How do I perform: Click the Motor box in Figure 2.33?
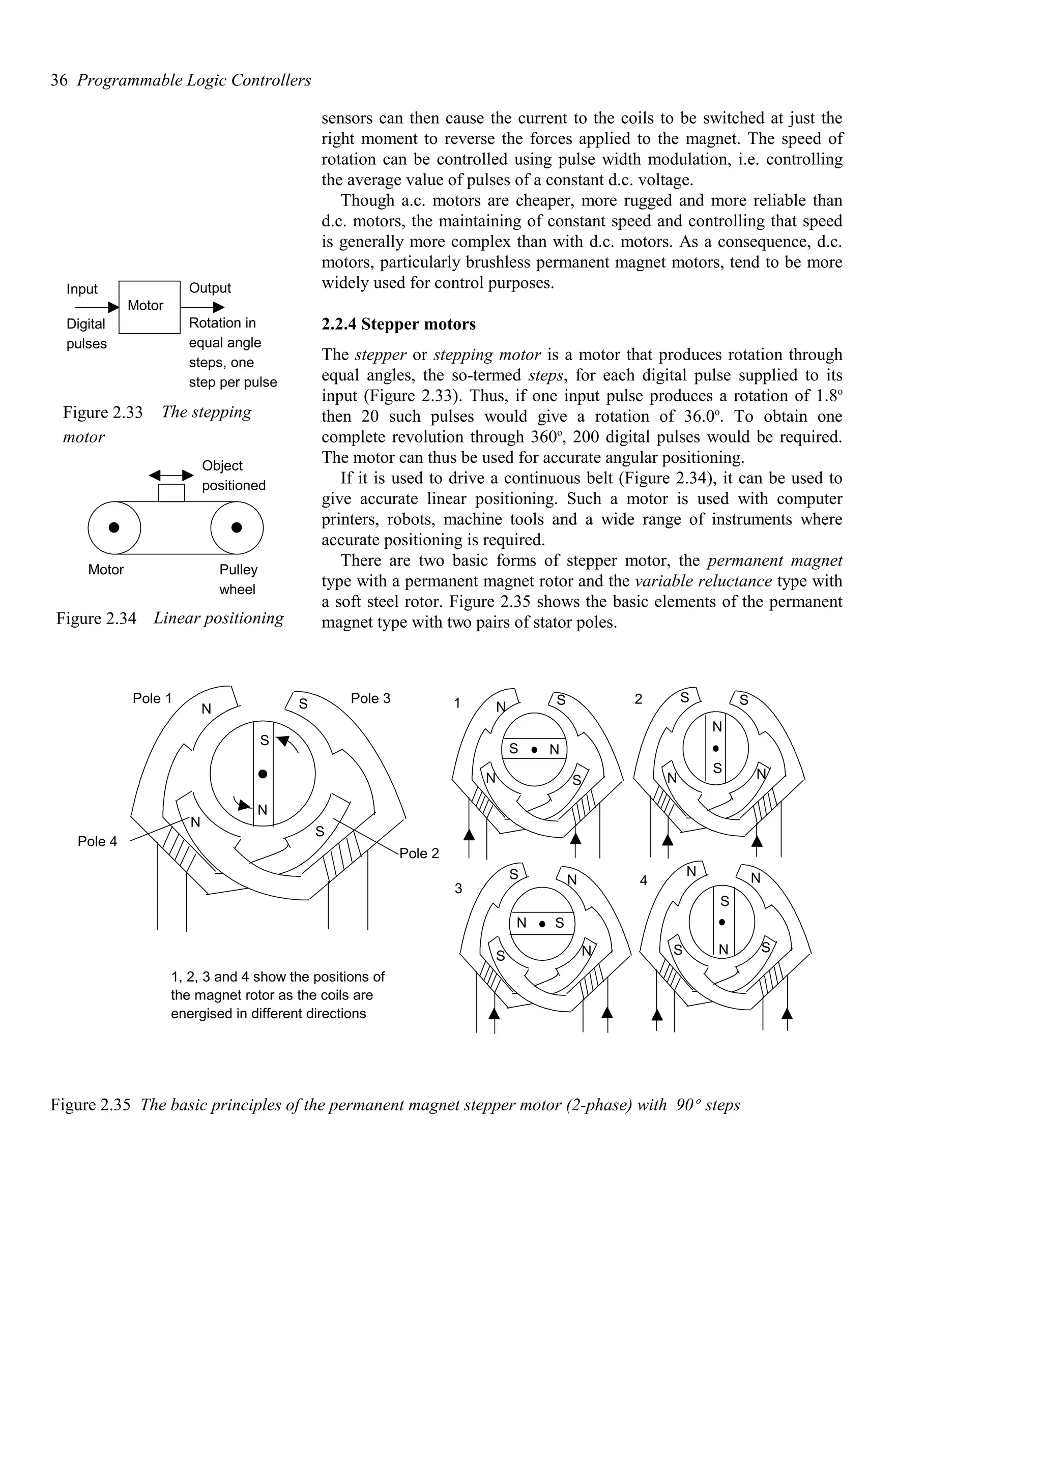point(149,307)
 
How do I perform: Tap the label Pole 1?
point(152,698)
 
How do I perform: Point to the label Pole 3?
point(370,698)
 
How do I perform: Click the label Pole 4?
point(98,842)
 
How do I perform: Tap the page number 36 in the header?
point(59,80)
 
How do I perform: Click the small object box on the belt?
point(171,492)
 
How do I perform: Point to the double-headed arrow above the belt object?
point(171,475)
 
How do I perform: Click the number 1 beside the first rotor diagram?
point(457,703)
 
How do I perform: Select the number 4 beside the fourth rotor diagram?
point(643,881)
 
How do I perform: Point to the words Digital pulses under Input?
point(86,334)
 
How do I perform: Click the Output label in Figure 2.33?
point(210,288)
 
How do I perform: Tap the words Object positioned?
point(233,476)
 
